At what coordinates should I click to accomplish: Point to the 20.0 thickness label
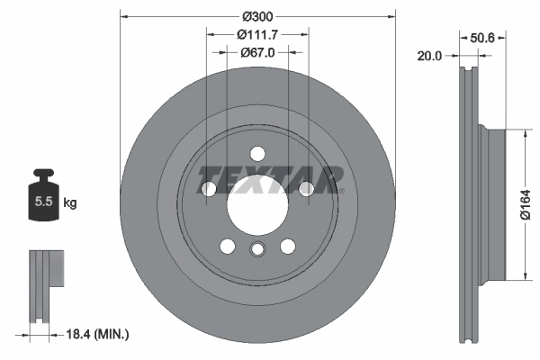pos(429,56)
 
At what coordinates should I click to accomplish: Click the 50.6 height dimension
pos(483,38)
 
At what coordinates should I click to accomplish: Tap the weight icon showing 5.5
pos(42,202)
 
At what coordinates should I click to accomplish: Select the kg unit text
pos(69,202)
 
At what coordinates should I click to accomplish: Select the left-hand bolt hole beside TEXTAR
pos(210,188)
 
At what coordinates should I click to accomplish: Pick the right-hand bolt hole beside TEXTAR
pos(306,188)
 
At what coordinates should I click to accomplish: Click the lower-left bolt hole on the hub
pos(228,245)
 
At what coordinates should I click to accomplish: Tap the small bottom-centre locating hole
pos(257,250)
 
